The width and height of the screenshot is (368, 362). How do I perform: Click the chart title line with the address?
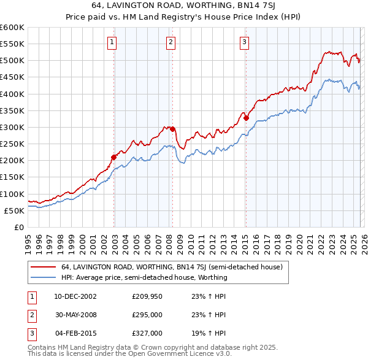183,6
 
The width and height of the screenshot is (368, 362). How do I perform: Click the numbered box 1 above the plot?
113,42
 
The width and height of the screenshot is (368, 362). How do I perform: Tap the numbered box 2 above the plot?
171,42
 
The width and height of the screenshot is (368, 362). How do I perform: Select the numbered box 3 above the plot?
244,42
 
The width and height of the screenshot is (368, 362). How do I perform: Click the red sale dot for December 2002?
114,157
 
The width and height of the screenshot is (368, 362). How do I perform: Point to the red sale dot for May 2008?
173,129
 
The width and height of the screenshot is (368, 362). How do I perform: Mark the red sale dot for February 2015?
246,118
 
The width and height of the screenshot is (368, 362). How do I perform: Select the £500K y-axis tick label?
12,61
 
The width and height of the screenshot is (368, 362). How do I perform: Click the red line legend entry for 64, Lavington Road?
171,267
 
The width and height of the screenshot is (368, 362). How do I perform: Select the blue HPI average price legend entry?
144,277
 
